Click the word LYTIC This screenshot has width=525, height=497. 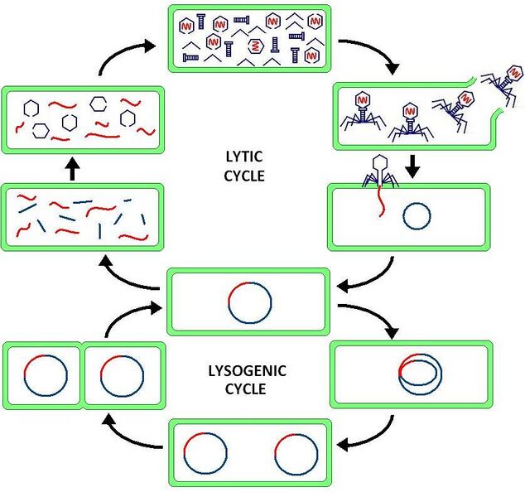tap(243, 157)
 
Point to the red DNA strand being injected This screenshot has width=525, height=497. tap(383, 203)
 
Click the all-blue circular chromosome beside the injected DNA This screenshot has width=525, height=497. tap(417, 216)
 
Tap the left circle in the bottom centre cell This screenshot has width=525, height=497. tap(205, 453)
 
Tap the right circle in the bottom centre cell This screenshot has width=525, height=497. tap(296, 453)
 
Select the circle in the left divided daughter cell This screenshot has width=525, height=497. tap(46, 378)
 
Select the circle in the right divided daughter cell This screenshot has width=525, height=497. tap(121, 378)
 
